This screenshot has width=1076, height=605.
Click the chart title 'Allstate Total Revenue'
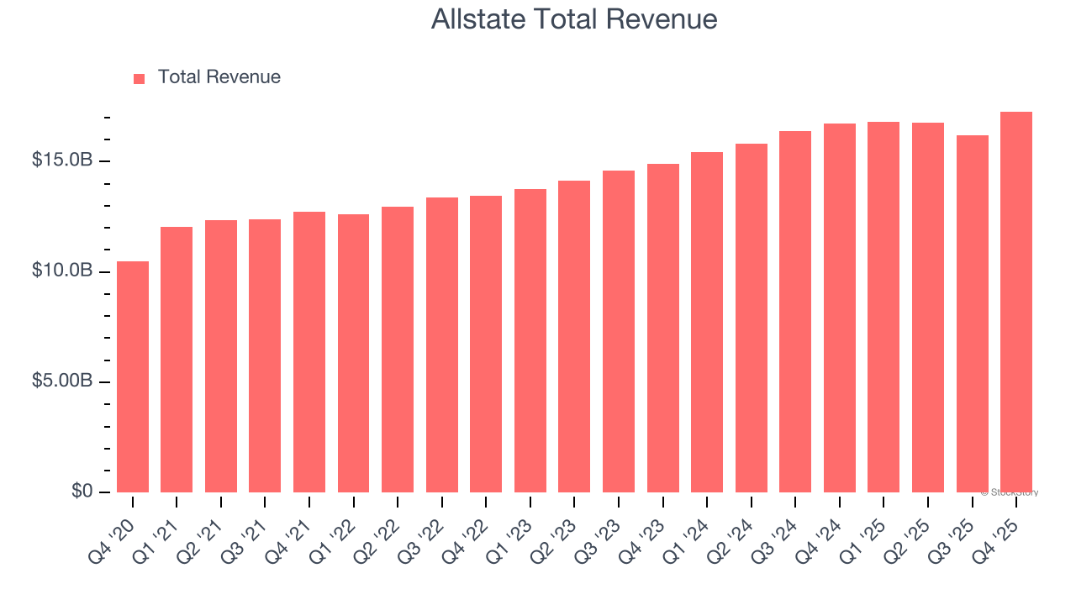(574, 18)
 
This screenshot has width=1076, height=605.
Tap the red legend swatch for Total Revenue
(140, 78)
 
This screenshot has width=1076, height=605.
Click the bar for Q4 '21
(309, 352)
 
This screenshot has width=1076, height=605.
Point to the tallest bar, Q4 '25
(1016, 302)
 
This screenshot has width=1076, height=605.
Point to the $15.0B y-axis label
(62, 160)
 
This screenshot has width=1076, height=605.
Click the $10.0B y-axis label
(62, 271)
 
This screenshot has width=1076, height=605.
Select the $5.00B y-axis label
(62, 381)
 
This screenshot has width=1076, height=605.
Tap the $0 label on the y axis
(81, 491)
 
